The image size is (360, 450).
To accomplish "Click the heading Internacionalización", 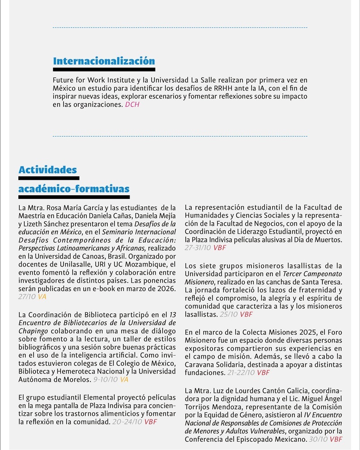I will pyautogui.click(x=104, y=61).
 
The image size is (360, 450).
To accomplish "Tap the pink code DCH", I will pyautogui.click(x=133, y=104).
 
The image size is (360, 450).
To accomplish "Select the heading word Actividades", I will pyautogui.click(x=48, y=170).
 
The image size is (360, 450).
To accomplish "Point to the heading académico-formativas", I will pyautogui.click(x=74, y=189).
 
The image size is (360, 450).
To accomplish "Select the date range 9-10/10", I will pyautogui.click(x=105, y=379).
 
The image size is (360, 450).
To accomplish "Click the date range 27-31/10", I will pyautogui.click(x=198, y=247).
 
